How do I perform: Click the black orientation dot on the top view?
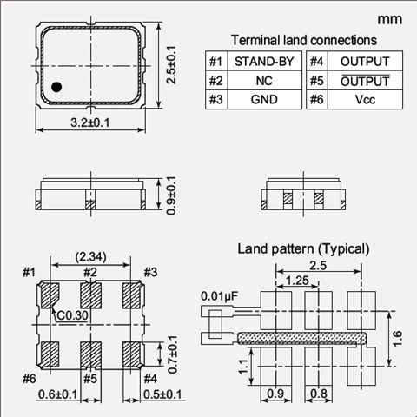click(56, 87)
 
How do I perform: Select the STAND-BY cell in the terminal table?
click(264, 62)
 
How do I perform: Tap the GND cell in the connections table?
click(264, 99)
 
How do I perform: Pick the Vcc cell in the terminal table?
click(365, 99)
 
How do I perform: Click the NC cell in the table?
click(264, 81)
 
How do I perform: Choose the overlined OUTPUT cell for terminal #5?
click(365, 81)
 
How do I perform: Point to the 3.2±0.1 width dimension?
click(90, 122)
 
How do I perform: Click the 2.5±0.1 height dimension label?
click(171, 64)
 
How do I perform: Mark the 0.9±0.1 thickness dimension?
click(171, 195)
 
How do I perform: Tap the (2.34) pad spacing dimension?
click(90, 256)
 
